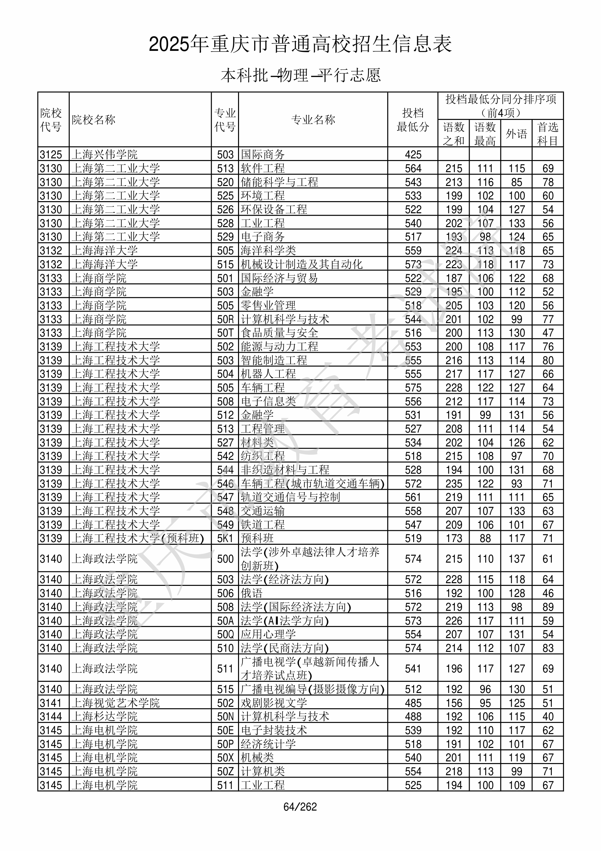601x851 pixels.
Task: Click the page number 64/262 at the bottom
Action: pos(300,807)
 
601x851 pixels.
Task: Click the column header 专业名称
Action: pos(313,120)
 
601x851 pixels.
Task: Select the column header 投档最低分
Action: pos(413,120)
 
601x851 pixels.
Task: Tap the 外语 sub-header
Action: pos(516,134)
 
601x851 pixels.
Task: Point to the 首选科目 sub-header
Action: pos(548,134)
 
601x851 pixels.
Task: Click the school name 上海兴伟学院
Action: pos(104,154)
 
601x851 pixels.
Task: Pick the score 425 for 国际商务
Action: pos(413,154)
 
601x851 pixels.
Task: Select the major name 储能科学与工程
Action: pos(279,182)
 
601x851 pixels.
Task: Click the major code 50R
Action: pos(225,319)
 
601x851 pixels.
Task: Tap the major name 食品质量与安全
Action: pos(279,333)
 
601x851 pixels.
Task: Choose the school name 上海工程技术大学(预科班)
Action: pos(137,538)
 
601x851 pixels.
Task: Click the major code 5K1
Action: pos(225,538)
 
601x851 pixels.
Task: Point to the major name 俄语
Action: pos(252,593)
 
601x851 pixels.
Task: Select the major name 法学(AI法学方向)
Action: pos(285,621)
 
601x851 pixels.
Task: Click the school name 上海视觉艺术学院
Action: pos(115,703)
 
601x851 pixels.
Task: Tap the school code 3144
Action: pos(51,717)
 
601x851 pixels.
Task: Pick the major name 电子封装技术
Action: pos(274,730)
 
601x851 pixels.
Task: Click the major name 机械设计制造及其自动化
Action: pos(302,264)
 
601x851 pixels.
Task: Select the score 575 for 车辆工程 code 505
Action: pos(413,388)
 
